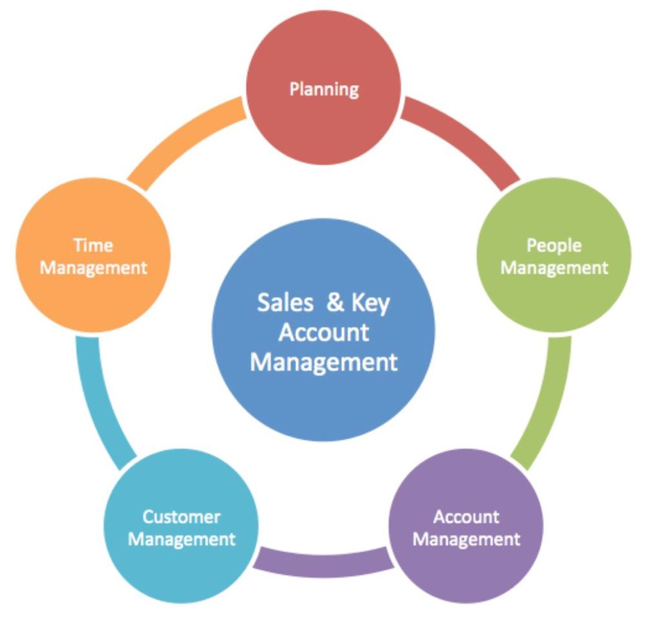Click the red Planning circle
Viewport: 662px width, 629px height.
coord(323,87)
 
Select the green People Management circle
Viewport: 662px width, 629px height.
coord(554,255)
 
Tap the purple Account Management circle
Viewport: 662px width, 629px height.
coord(465,526)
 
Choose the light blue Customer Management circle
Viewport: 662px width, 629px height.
coord(181,526)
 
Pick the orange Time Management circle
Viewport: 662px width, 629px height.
coord(93,255)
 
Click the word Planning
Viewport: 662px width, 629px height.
coord(325,89)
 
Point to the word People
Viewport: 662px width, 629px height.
coord(554,246)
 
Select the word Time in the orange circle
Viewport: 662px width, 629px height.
coord(93,245)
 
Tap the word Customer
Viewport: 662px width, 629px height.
coord(182,517)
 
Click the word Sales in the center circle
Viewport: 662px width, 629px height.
coord(285,303)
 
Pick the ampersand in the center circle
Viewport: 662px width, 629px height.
coord(336,303)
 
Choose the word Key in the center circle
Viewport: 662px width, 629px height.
coord(370,304)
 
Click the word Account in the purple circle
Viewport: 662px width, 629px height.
coord(466,517)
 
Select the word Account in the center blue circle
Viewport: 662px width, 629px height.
coord(324,332)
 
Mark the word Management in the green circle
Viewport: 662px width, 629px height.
coord(554,268)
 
